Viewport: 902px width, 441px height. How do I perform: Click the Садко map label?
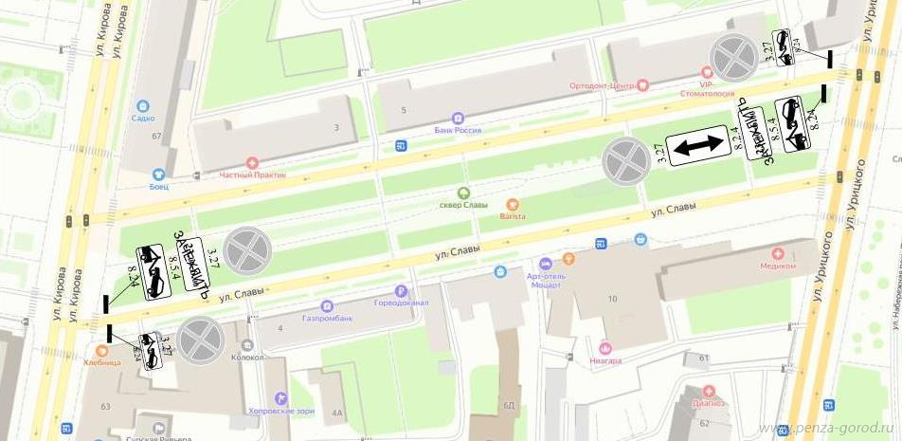144,119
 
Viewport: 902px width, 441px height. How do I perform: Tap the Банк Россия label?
458,130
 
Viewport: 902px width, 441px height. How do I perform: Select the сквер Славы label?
463,205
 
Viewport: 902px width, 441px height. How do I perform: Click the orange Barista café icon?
513,204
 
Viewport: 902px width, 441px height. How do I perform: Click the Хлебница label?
101,362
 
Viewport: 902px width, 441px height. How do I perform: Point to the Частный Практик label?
251,175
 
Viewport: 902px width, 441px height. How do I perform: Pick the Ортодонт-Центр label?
602,85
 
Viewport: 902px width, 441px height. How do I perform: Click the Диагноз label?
709,402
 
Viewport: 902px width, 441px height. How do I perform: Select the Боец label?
157,186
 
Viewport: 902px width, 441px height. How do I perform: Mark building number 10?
612,300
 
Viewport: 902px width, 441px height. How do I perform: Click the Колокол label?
246,358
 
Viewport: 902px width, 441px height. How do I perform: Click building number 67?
156,136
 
